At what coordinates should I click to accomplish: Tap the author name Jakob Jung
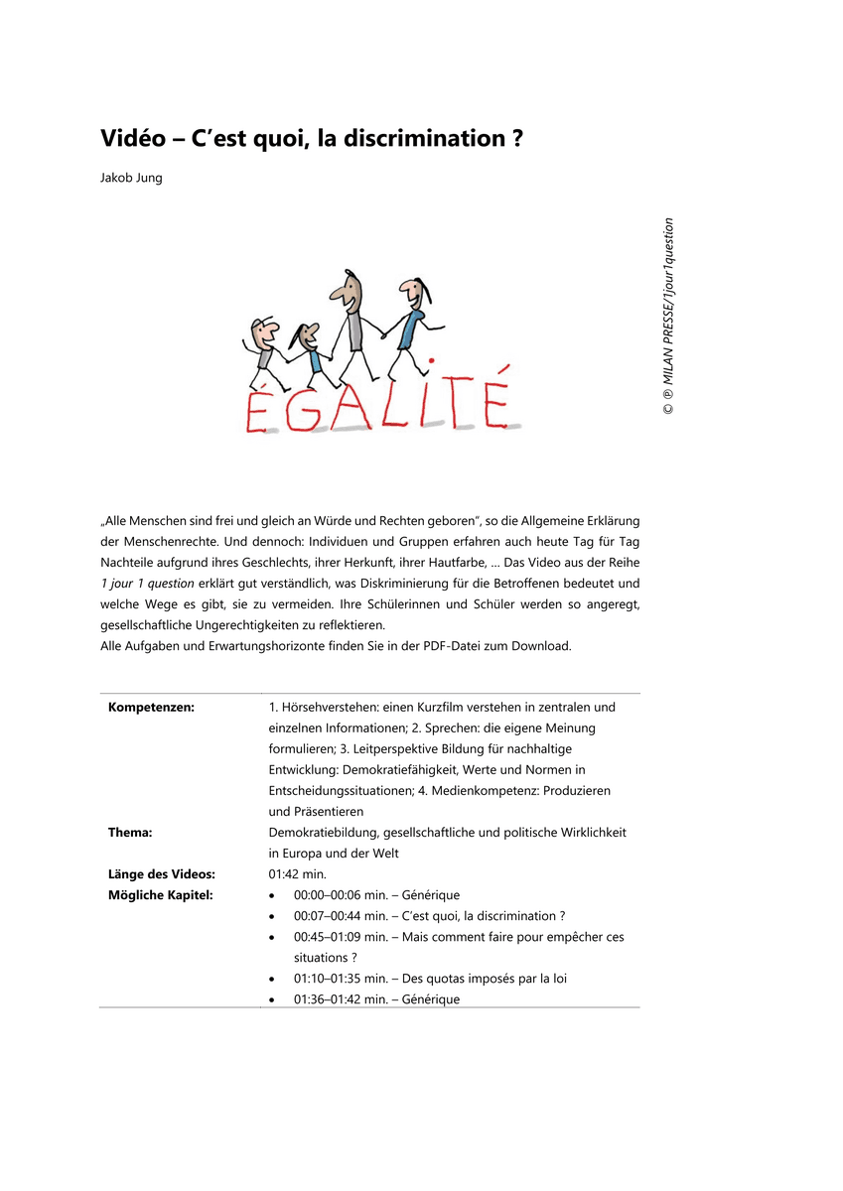click(x=130, y=179)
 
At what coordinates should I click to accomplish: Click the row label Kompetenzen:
click(x=151, y=707)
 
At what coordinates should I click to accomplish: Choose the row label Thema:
click(x=130, y=832)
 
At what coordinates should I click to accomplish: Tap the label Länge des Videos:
click(x=161, y=874)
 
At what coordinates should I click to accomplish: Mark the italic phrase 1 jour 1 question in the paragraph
click(x=147, y=584)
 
